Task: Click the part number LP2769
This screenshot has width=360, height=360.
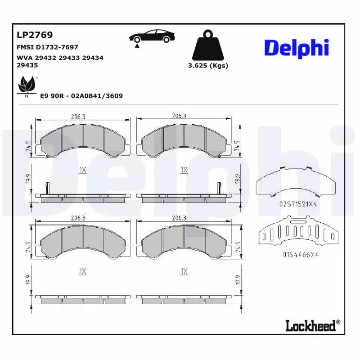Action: (35, 35)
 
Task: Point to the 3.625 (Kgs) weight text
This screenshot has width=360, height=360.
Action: (208, 66)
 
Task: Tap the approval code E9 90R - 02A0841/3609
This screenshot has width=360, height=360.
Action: (81, 96)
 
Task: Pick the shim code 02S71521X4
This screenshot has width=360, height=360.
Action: (298, 204)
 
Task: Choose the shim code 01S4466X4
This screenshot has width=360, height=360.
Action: (301, 254)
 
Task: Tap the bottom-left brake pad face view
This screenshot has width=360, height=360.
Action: (83, 241)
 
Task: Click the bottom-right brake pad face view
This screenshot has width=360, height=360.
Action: (184, 241)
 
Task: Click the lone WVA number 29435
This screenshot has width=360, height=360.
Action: (27, 65)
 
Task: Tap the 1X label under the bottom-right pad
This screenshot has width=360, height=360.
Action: (184, 271)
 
